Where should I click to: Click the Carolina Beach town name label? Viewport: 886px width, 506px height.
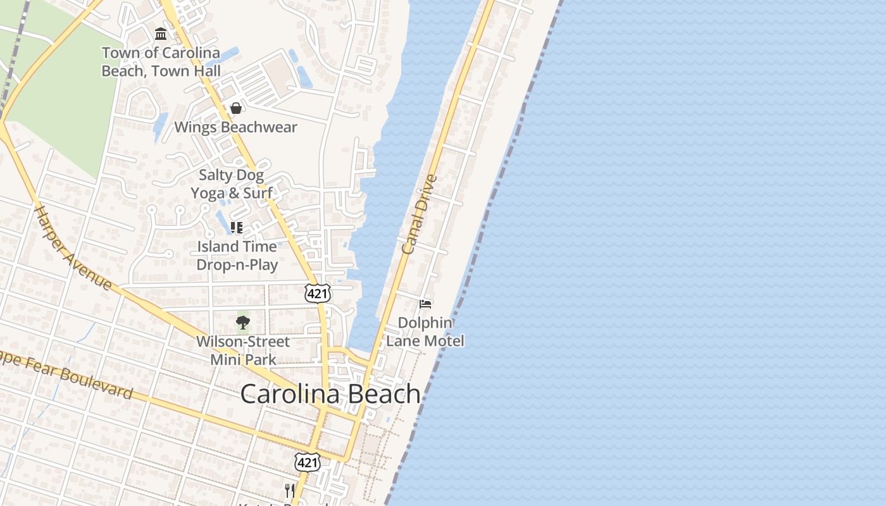330,394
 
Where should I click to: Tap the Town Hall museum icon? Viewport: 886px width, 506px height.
161,34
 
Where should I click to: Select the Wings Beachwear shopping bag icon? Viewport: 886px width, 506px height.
236,108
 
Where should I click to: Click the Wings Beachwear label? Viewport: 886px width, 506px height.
235,127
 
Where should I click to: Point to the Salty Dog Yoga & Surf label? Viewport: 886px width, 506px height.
232,184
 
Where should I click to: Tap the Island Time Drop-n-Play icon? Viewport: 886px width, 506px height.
237,228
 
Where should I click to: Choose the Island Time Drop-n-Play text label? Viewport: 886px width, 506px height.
237,256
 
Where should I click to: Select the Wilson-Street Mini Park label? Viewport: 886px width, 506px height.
243,350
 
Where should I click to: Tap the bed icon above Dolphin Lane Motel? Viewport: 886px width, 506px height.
425,304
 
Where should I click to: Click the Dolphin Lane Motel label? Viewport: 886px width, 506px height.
425,331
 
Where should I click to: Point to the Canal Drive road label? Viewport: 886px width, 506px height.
419,215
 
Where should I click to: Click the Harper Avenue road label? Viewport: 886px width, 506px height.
73,247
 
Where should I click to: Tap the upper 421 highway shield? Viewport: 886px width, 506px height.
317,293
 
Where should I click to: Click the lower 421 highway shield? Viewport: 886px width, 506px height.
308,463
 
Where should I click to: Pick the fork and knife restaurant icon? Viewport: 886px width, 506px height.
289,490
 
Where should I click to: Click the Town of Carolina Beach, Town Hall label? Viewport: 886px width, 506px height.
161,62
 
